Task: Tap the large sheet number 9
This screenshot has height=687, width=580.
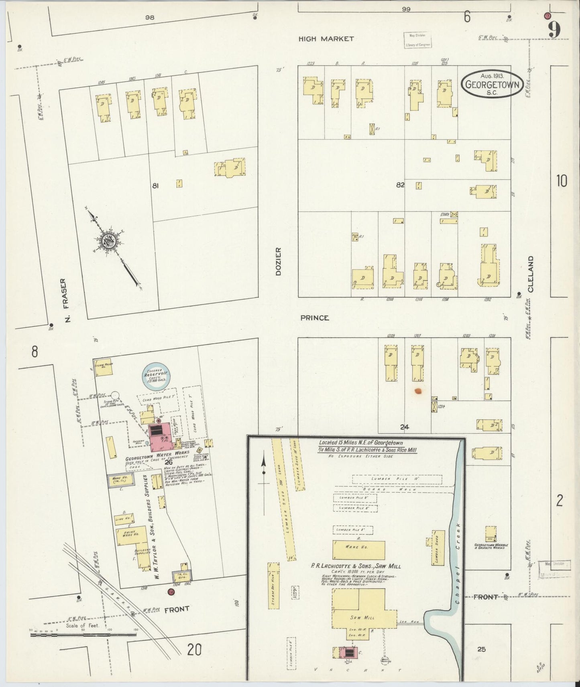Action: [x=554, y=29]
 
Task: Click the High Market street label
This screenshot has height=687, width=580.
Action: [x=326, y=39]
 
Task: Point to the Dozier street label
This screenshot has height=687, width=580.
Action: [x=278, y=261]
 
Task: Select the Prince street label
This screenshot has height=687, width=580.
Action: [x=315, y=318]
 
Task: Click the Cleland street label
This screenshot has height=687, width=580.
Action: [x=531, y=274]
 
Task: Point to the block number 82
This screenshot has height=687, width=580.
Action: [x=400, y=185]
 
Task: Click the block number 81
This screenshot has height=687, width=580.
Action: [x=156, y=186]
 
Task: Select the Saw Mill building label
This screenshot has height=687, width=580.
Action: [x=362, y=617]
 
